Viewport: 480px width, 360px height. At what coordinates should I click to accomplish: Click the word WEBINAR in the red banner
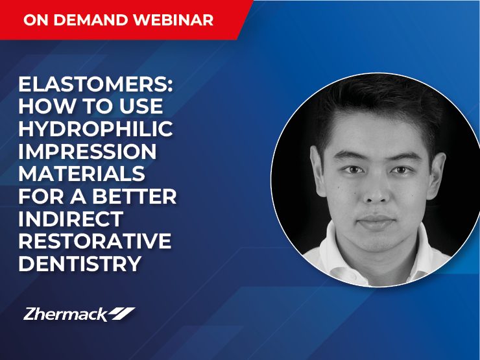173,20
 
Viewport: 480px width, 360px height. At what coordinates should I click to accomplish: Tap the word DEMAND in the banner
91,20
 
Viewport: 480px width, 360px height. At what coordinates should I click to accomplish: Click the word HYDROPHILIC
95,129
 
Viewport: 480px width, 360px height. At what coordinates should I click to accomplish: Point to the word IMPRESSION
88,151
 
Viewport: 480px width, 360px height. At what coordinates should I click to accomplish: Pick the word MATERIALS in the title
82,174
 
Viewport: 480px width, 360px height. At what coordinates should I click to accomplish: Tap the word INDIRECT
71,219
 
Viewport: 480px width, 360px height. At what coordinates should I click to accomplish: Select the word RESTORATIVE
95,241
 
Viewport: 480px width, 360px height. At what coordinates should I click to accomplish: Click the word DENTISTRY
80,263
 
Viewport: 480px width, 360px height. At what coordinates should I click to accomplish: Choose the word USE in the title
141,106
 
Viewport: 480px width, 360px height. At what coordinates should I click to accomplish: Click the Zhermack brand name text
66,315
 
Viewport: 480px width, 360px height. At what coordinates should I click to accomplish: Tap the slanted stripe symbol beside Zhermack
122,314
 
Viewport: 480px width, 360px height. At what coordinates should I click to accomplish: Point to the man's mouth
376,222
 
